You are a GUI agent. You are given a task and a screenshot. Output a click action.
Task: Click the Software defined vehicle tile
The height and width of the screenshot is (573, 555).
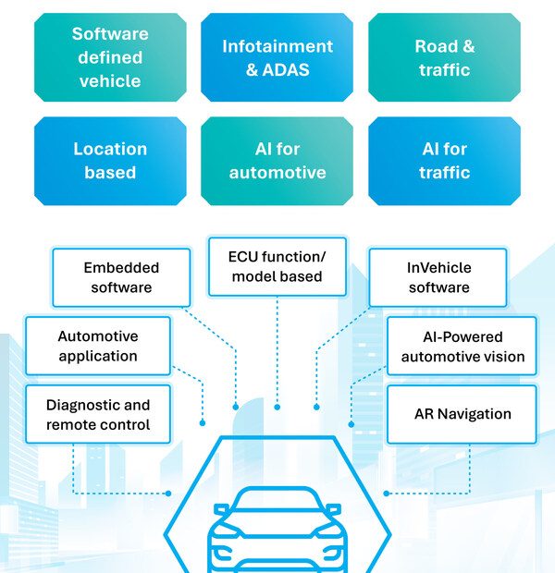(110, 57)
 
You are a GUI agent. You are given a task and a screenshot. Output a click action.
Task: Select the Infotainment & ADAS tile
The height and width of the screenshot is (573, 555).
(277, 57)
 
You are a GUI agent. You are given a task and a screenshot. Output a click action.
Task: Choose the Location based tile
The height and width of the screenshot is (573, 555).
(110, 160)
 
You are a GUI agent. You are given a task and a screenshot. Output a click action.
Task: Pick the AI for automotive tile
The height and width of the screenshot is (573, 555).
(277, 160)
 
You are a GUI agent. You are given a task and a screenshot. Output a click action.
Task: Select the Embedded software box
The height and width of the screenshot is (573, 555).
(121, 277)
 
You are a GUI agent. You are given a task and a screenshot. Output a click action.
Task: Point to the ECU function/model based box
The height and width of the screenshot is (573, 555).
(277, 266)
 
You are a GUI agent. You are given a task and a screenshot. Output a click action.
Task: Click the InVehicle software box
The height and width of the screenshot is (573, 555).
(438, 277)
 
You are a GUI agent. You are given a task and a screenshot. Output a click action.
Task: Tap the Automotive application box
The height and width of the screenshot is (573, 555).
(97, 346)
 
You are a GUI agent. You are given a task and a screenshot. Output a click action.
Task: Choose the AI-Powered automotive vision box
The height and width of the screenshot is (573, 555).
(462, 346)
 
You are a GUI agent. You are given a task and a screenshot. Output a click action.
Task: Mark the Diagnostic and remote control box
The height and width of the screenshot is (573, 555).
(97, 415)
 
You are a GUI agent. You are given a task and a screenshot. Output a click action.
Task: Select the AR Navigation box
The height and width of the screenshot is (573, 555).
(462, 415)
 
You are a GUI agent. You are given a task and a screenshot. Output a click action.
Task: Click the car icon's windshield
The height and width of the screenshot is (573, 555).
(277, 506)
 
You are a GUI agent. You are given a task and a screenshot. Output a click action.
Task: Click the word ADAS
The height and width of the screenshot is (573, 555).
(285, 69)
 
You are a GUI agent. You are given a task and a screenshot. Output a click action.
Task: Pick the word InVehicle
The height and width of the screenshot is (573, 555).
(438, 267)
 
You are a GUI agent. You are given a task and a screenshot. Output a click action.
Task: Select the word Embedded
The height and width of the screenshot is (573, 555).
(121, 267)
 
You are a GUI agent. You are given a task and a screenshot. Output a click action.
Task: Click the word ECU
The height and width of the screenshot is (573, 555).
(248, 256)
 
